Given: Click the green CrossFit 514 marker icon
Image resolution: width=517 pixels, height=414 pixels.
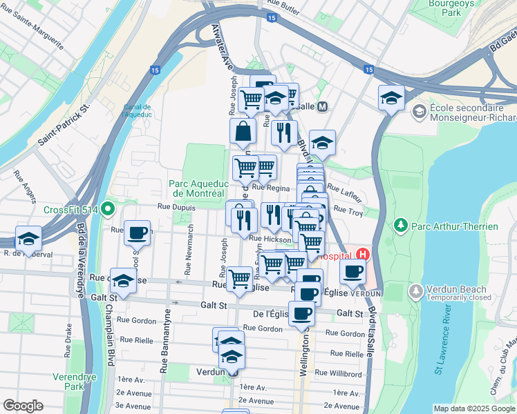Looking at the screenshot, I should pos(107,208).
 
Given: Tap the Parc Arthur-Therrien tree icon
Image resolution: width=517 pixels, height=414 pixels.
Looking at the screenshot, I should pos(399,225).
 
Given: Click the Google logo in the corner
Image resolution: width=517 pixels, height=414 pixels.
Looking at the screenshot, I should pos(23,406).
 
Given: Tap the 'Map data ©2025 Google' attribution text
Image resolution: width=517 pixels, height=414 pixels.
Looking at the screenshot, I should pos(473,408).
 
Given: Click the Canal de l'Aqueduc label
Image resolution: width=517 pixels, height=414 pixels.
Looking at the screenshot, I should pos(137,110).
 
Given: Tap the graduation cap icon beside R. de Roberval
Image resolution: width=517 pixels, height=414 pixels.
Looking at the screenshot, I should pos(28,238).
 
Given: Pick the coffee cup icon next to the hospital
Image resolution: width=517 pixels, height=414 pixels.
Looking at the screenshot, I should pos(353,271).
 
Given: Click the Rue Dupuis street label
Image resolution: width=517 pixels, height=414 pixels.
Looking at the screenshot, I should pos(174,206).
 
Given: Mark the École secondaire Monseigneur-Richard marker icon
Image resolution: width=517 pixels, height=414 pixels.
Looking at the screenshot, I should pos(419,111).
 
